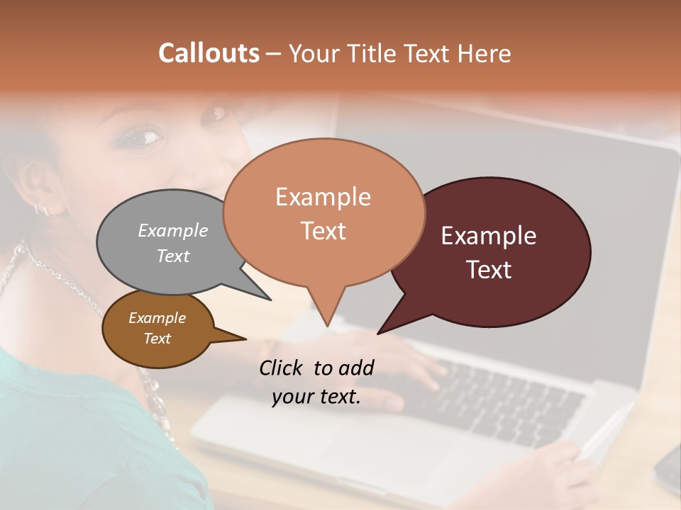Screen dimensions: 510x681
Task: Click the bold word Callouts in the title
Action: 209,53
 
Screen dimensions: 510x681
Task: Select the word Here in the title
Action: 485,53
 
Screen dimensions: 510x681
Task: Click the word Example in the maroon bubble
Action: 489,236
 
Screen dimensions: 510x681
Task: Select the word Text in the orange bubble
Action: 323,231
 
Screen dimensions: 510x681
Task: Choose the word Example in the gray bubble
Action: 173,230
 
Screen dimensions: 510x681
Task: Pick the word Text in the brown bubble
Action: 157,339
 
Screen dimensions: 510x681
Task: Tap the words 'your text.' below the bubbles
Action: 316,397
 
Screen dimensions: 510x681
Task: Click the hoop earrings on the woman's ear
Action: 41,209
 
